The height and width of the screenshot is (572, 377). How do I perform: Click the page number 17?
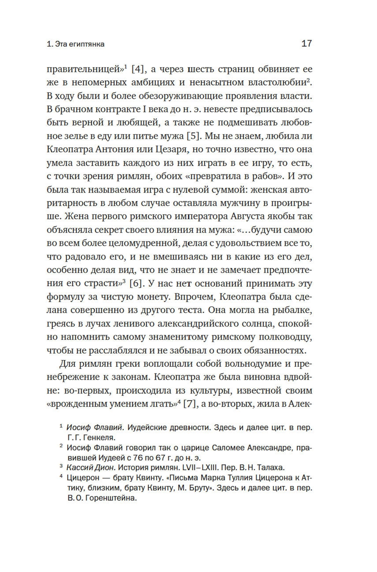[307, 43]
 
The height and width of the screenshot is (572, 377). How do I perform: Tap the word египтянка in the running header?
[86, 44]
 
